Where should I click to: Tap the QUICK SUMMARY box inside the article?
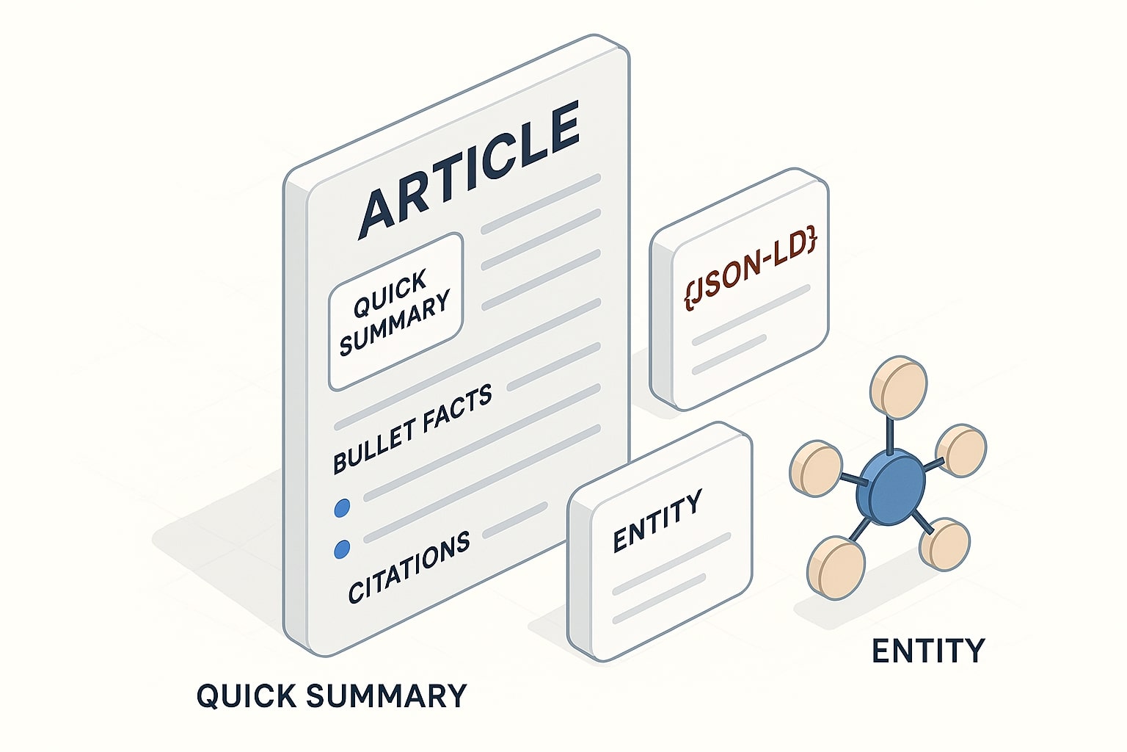395,312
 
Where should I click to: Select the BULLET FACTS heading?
412,430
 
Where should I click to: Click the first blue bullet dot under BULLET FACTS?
341,508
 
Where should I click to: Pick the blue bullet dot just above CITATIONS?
341,549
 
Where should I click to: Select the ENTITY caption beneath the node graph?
927,651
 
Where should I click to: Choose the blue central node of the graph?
890,485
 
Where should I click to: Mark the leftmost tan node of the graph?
814,467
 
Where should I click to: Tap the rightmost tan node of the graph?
962,449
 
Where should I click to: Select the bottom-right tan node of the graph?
945,544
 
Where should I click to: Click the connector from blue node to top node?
891,433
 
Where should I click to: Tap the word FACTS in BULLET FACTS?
459,411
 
